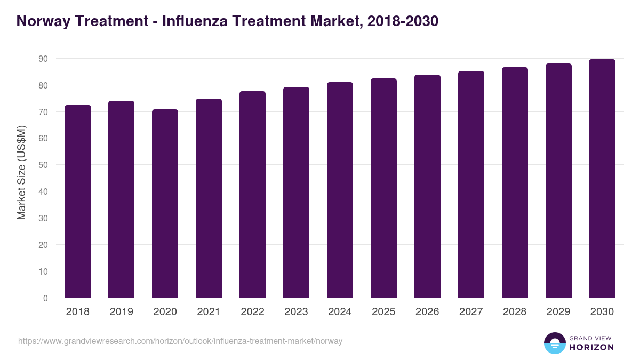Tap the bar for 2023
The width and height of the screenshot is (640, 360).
click(x=296, y=193)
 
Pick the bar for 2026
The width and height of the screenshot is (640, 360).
click(x=427, y=186)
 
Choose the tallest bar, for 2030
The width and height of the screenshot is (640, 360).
click(x=602, y=179)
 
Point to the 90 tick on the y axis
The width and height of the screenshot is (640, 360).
click(x=43, y=59)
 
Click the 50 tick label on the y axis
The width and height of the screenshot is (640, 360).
click(x=43, y=165)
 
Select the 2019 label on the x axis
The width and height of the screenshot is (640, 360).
click(x=121, y=312)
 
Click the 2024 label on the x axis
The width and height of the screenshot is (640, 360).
click(x=340, y=312)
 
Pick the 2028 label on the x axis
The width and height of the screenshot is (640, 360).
click(x=515, y=312)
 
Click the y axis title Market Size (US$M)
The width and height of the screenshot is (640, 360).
click(x=21, y=172)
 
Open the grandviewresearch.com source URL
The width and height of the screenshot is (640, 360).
click(x=180, y=341)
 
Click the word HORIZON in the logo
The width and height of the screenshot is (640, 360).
click(x=591, y=347)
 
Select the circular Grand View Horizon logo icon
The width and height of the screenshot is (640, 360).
click(x=555, y=343)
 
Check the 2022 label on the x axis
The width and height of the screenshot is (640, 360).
click(x=252, y=312)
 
